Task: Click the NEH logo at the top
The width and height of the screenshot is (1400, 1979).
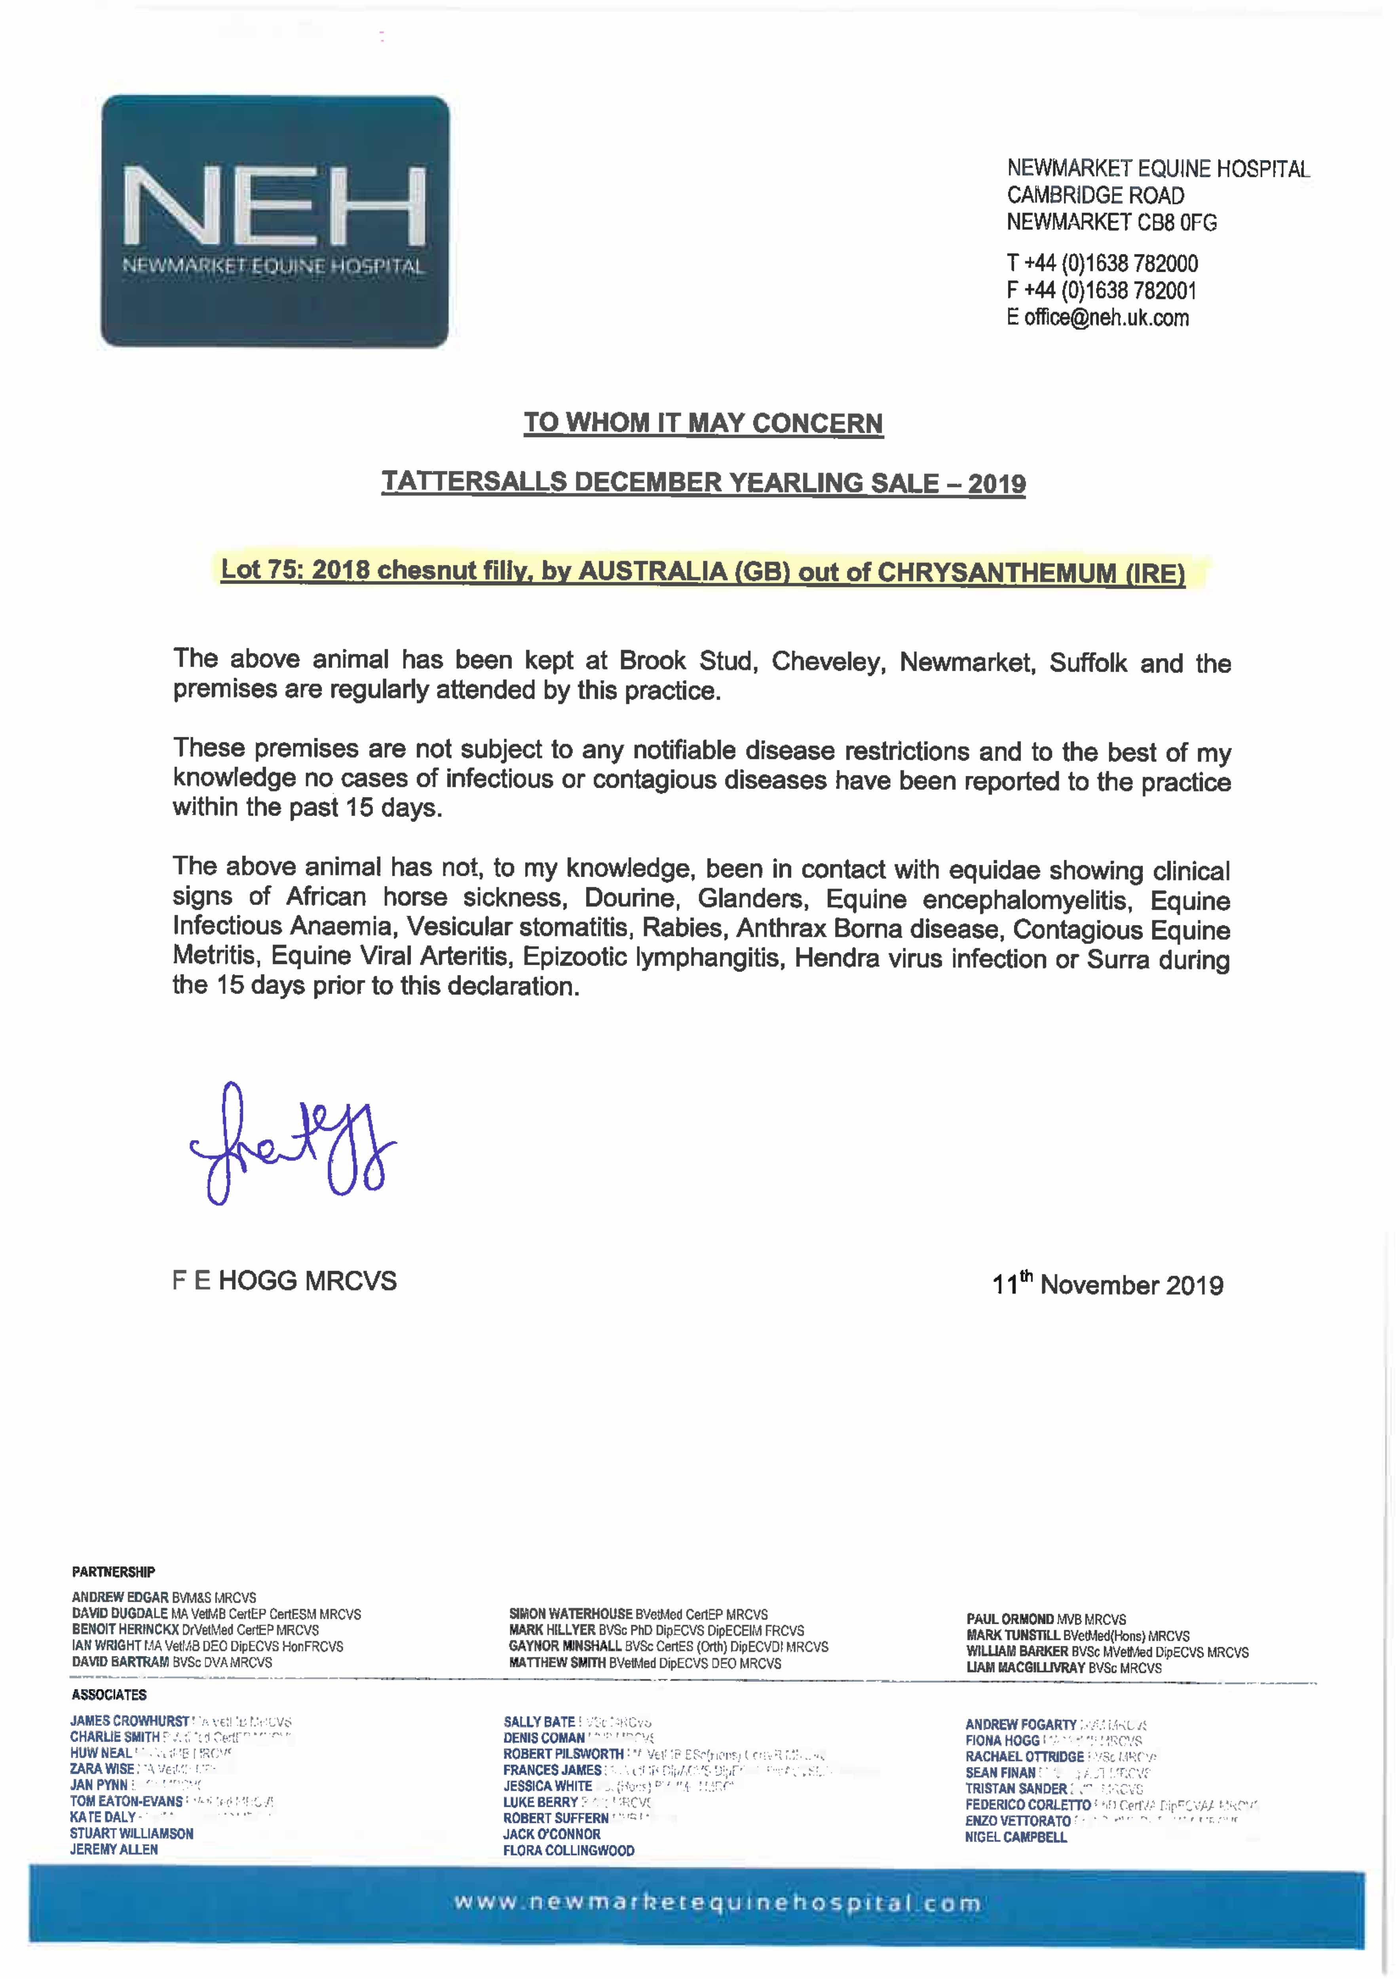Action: coord(275,222)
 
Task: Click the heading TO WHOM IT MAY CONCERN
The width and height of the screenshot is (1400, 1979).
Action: coord(703,423)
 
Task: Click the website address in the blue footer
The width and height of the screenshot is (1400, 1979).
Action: coord(717,1903)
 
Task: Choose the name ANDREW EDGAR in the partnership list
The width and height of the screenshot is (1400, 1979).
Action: coord(120,1597)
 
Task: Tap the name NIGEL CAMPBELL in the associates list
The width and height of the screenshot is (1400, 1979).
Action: coord(1016,1837)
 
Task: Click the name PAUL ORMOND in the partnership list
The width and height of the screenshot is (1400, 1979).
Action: coord(1009,1620)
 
